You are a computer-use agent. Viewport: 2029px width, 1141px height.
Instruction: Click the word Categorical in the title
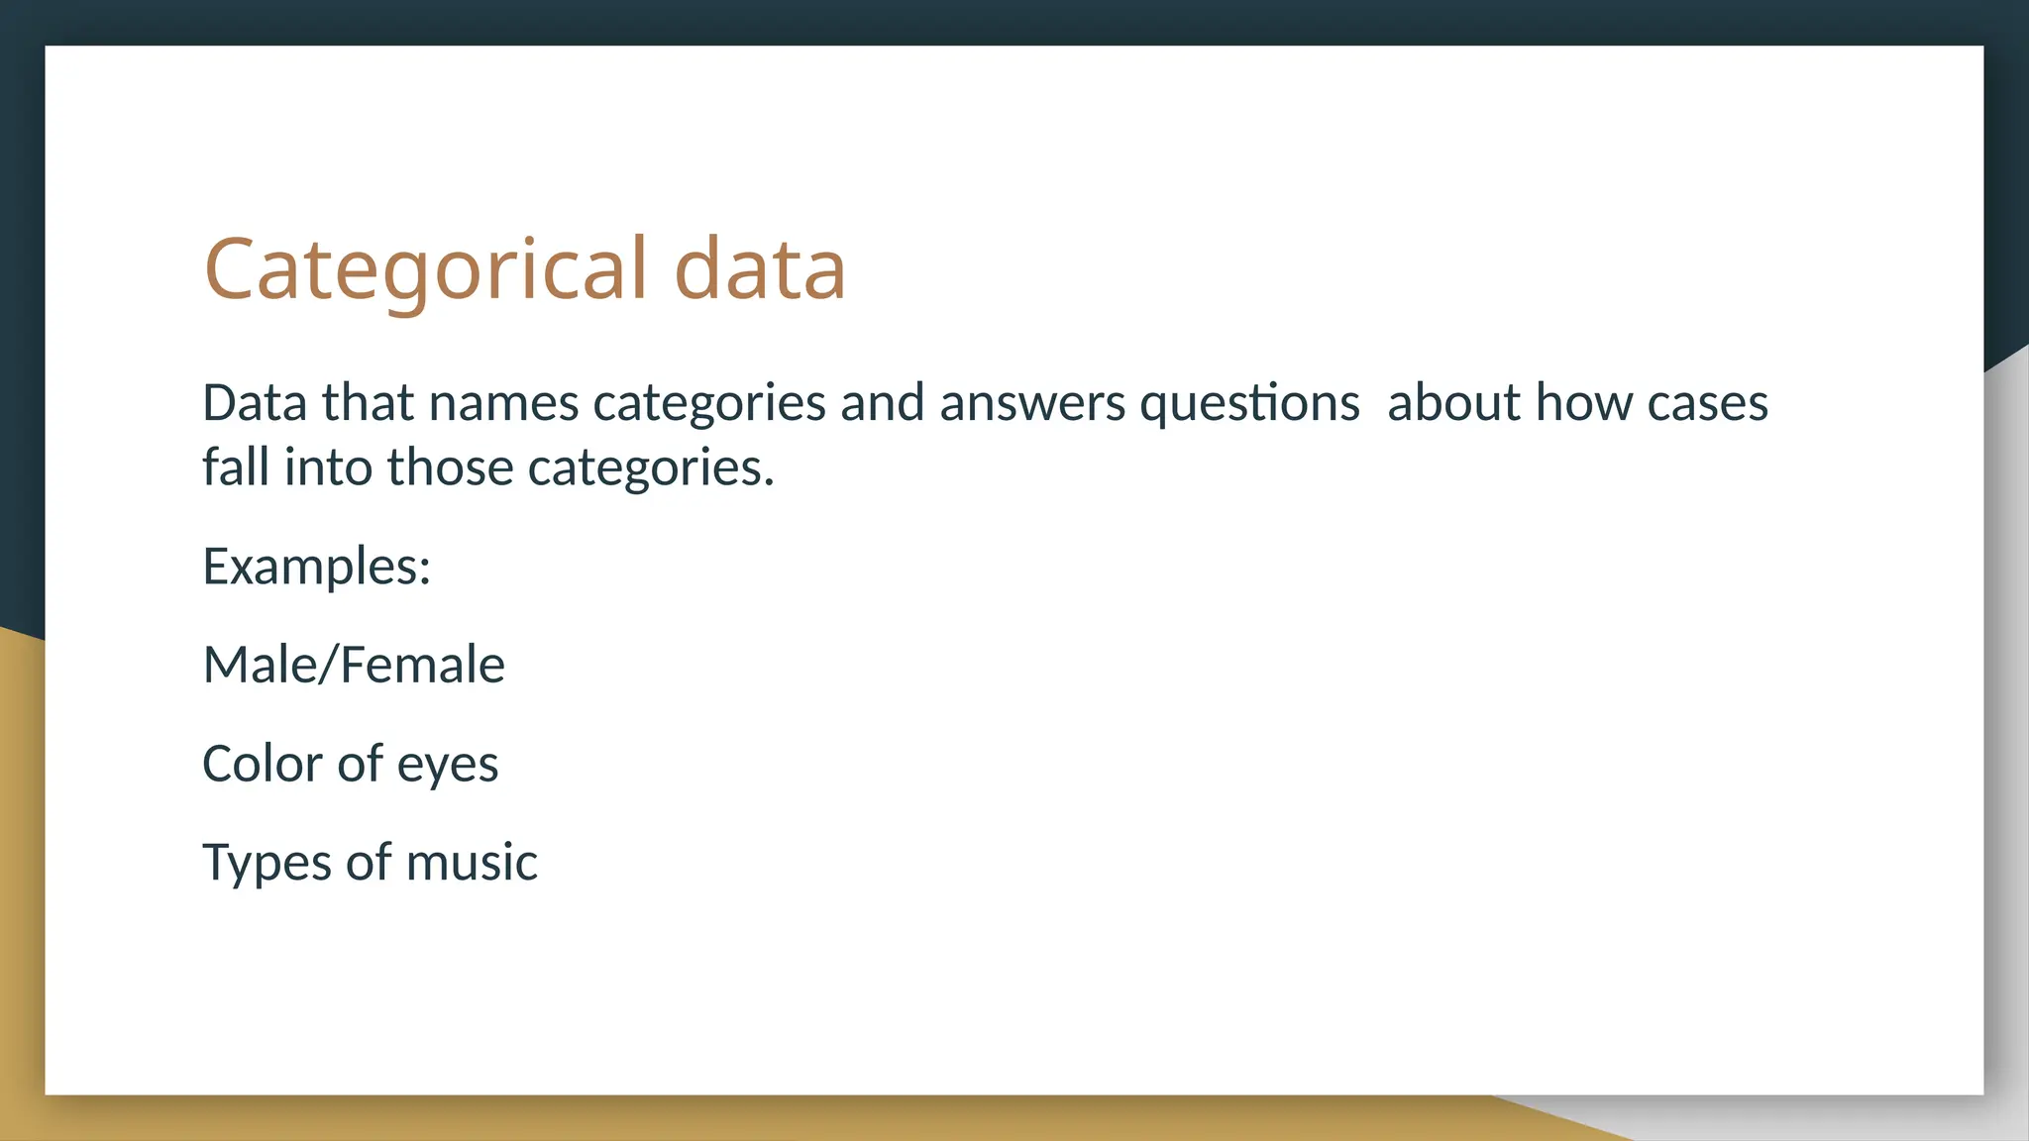pos(426,269)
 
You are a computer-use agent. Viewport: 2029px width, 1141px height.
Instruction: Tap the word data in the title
pos(760,269)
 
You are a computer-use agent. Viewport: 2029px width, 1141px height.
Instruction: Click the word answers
pos(1032,403)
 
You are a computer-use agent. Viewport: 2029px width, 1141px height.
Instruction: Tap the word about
pos(1453,403)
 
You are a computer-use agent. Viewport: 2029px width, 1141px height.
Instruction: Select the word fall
pos(236,467)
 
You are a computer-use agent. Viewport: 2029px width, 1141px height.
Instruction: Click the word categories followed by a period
pos(650,468)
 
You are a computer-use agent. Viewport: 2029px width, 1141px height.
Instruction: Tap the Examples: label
pos(317,567)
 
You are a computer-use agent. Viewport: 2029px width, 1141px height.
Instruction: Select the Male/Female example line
pos(354,665)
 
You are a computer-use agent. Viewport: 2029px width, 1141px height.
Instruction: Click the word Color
pos(263,764)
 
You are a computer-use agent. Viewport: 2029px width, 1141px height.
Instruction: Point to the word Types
pos(267,863)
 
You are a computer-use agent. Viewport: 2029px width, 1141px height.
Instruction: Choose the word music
pos(472,863)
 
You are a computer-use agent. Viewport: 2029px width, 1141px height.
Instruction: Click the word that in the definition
pos(368,403)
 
